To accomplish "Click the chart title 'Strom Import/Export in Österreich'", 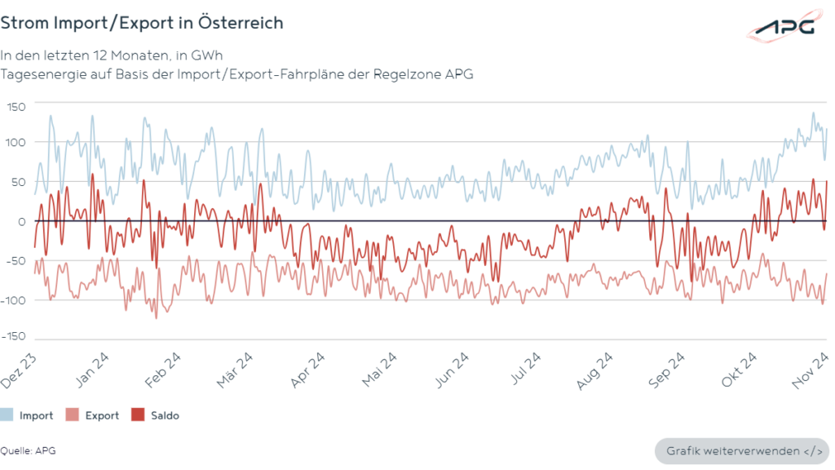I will point(142,23).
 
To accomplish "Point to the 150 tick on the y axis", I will point(17,107).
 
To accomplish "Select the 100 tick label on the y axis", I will point(17,142).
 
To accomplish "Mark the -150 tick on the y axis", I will point(14,336).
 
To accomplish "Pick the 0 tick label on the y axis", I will point(23,222).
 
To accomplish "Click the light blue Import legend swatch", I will point(7,415).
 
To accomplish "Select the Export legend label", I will point(102,415).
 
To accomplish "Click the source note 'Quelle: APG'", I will point(28,450).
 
